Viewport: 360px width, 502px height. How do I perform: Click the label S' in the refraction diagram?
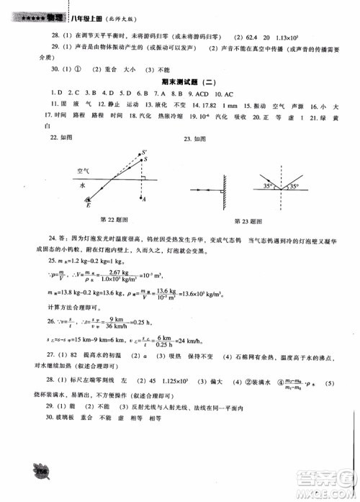(x=146, y=145)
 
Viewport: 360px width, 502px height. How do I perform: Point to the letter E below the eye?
(x=89, y=205)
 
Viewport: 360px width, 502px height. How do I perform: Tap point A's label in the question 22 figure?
(x=145, y=198)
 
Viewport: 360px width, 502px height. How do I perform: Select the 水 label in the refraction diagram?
(x=83, y=184)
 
